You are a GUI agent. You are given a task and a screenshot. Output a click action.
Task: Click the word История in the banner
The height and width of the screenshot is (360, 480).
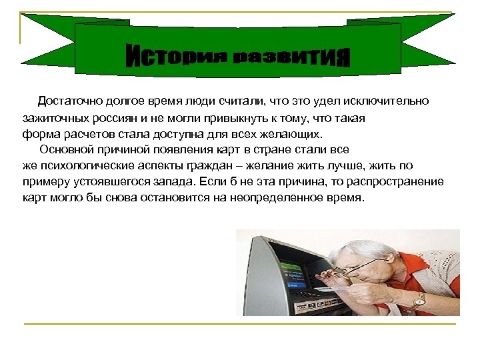pyautogui.click(x=173, y=56)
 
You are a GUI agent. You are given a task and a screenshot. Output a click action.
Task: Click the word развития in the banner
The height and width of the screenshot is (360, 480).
pyautogui.click(x=292, y=57)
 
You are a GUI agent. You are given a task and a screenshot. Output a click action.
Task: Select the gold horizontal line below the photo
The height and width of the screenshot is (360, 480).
pyautogui.click(x=240, y=324)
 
